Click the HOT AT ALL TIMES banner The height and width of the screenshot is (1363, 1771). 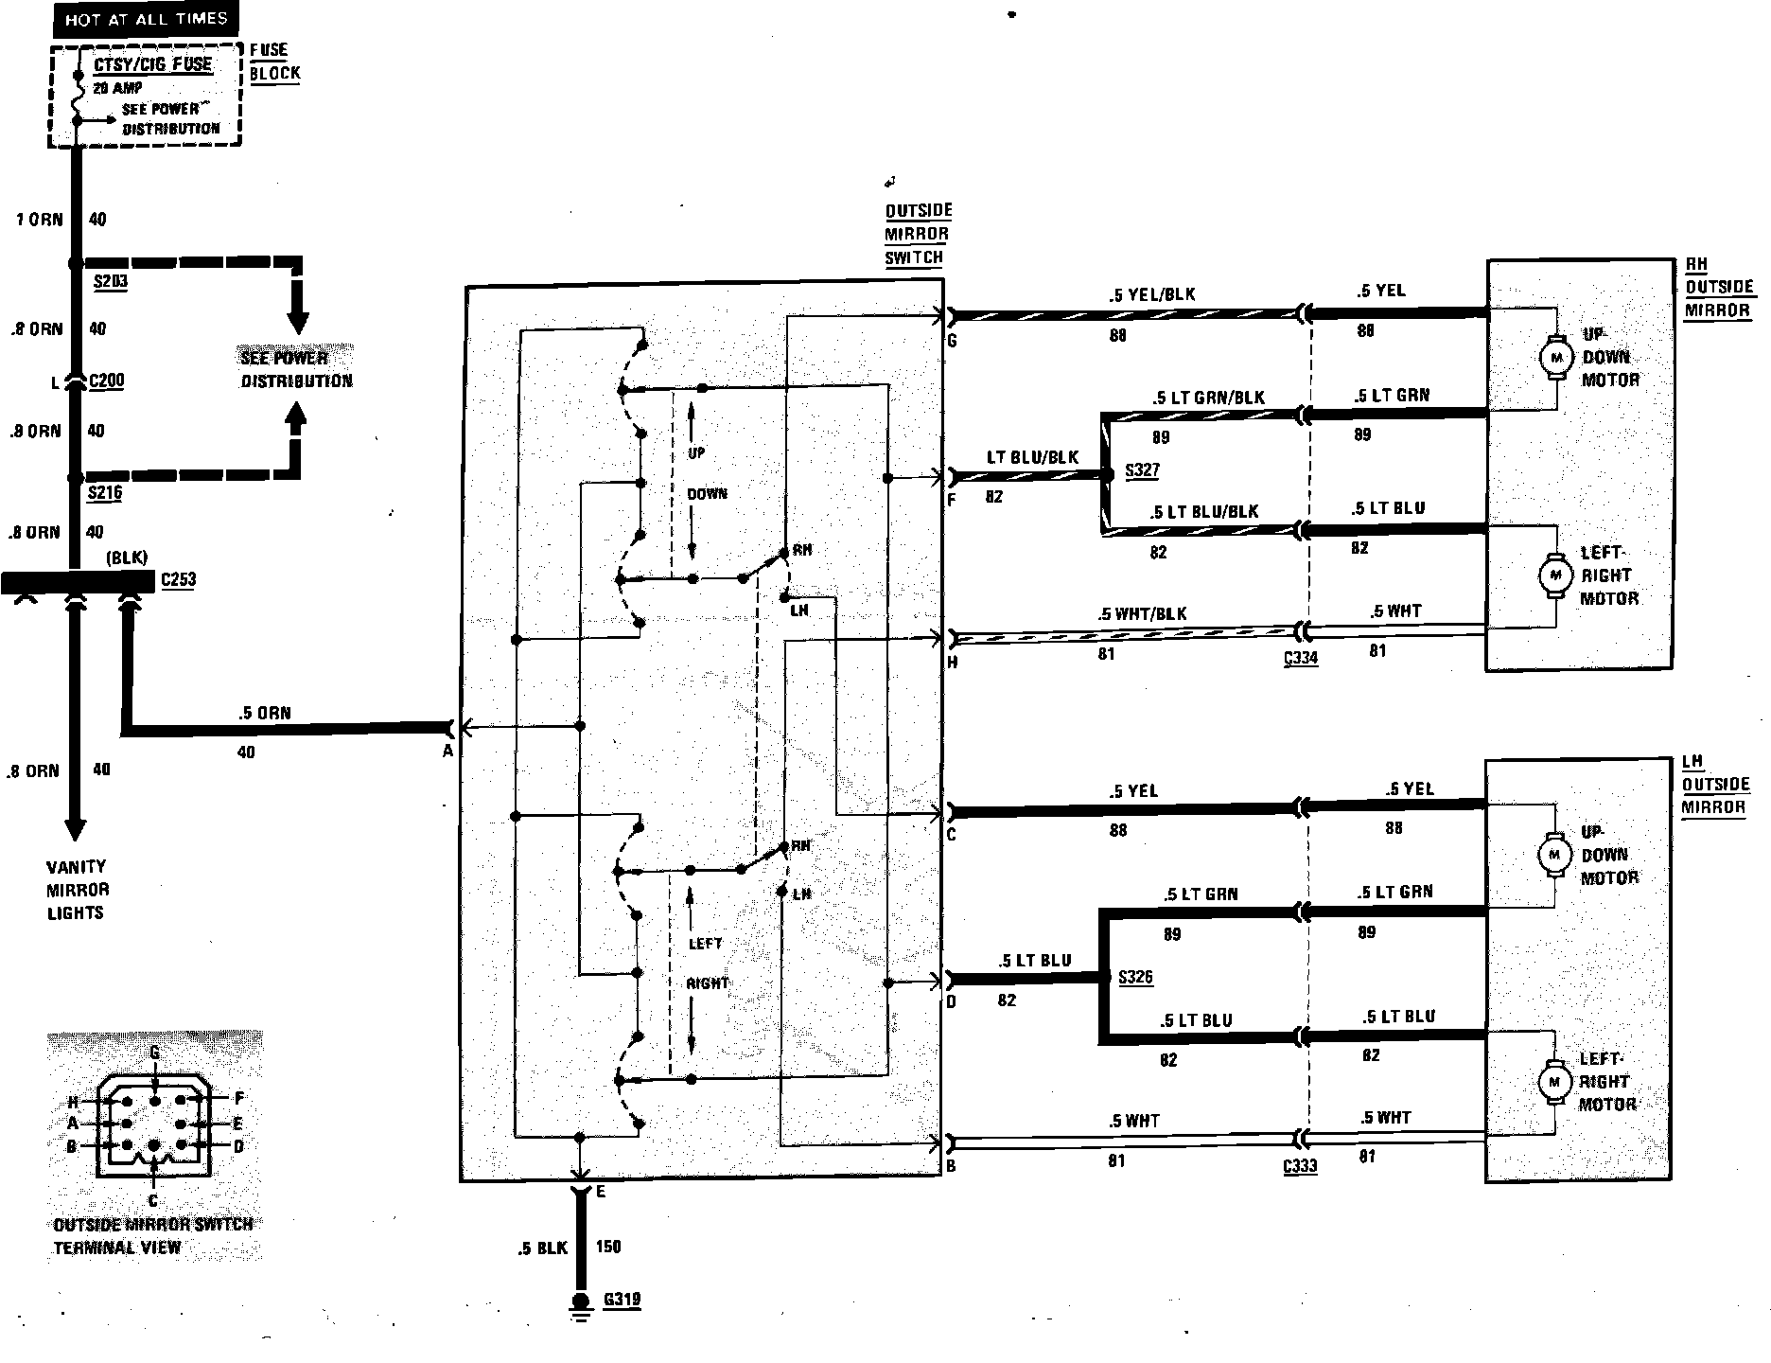(x=147, y=19)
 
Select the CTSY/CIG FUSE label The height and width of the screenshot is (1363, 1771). (x=153, y=64)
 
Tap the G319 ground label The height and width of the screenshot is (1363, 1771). (x=622, y=1299)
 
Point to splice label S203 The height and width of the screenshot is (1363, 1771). (x=110, y=281)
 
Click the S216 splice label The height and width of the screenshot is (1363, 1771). (x=105, y=492)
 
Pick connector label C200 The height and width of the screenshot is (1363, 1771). (x=106, y=381)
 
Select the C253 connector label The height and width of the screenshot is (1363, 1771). (x=178, y=578)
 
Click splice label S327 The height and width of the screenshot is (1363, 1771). (x=1142, y=470)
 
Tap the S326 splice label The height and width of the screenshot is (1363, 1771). (x=1135, y=977)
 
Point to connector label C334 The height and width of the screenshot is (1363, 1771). (x=1301, y=658)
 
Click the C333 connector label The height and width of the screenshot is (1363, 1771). (x=1300, y=1165)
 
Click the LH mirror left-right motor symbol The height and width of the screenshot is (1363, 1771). (x=1552, y=1081)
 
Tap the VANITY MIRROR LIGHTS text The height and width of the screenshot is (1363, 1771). (x=78, y=890)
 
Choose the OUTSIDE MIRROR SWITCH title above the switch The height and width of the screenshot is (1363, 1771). (x=918, y=234)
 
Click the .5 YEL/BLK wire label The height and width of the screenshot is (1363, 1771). (x=1152, y=294)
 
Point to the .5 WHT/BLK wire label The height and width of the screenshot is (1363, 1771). (x=1142, y=613)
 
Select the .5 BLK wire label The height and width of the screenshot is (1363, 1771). (x=542, y=1248)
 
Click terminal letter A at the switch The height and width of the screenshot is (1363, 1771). (x=447, y=751)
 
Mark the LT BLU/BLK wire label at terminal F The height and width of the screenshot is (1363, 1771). (x=1032, y=457)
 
